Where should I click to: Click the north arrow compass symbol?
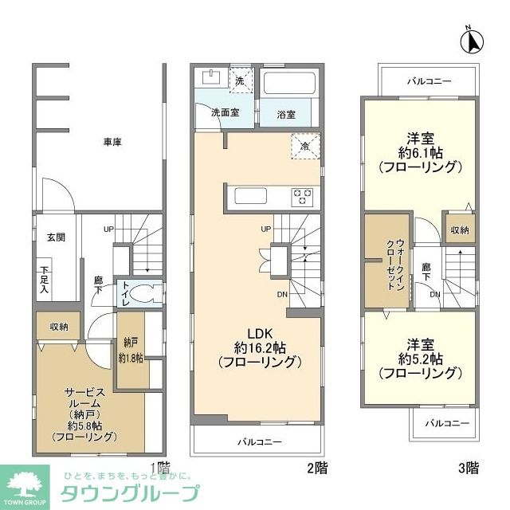(471, 39)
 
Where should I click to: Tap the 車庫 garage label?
(112, 143)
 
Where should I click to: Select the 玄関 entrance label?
(54, 237)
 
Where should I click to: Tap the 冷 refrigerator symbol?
(305, 146)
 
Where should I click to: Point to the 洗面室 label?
(226, 113)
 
